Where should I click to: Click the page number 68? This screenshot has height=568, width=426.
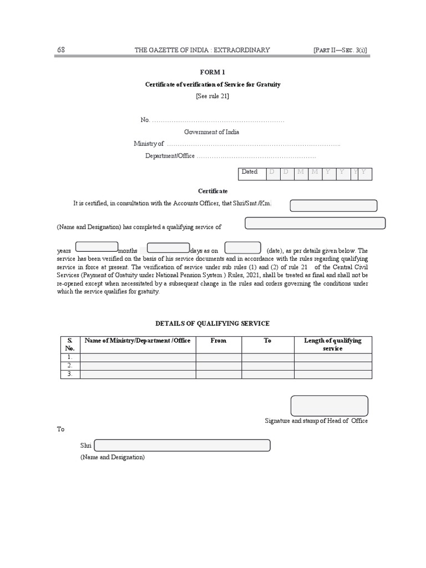coord(61,50)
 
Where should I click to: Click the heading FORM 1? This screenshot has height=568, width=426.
coord(212,72)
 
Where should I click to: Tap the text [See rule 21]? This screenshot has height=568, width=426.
coord(212,96)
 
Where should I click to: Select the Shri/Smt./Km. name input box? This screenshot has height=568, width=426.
coord(333,206)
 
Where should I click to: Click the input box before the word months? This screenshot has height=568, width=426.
coord(97,247)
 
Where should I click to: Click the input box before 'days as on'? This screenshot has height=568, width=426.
coord(168,248)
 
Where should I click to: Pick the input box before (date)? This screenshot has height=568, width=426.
coord(242,248)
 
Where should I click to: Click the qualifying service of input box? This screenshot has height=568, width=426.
coord(315,224)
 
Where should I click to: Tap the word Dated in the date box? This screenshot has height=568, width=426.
coord(250,172)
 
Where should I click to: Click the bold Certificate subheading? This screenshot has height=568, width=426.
coord(214,191)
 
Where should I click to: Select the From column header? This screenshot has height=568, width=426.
coord(219,341)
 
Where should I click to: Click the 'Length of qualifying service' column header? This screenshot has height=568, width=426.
coord(333,344)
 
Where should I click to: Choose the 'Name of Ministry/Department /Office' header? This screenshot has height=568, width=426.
coord(138,341)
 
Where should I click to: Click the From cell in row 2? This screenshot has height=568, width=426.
coord(219,366)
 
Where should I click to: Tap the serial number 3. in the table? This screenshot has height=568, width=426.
coord(70,374)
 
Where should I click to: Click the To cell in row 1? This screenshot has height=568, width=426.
coord(267,358)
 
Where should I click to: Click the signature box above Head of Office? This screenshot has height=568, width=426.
coord(329,405)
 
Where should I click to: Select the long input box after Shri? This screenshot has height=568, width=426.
coord(182,445)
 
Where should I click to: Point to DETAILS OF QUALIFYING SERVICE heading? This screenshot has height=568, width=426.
coord(213,323)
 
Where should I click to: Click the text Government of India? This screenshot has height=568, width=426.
coord(212,132)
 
